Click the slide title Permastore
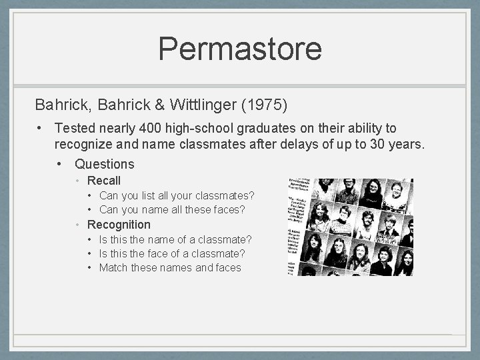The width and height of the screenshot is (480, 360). [240, 49]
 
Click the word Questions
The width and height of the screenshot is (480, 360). [105, 164]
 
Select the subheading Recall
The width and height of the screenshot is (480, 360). [104, 181]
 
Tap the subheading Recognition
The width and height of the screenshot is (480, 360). [119, 225]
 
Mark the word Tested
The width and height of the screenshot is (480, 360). [75, 128]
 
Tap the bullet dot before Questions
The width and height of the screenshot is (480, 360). [60, 164]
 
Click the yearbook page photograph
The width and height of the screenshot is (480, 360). [351, 227]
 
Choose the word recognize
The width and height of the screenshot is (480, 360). [85, 143]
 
